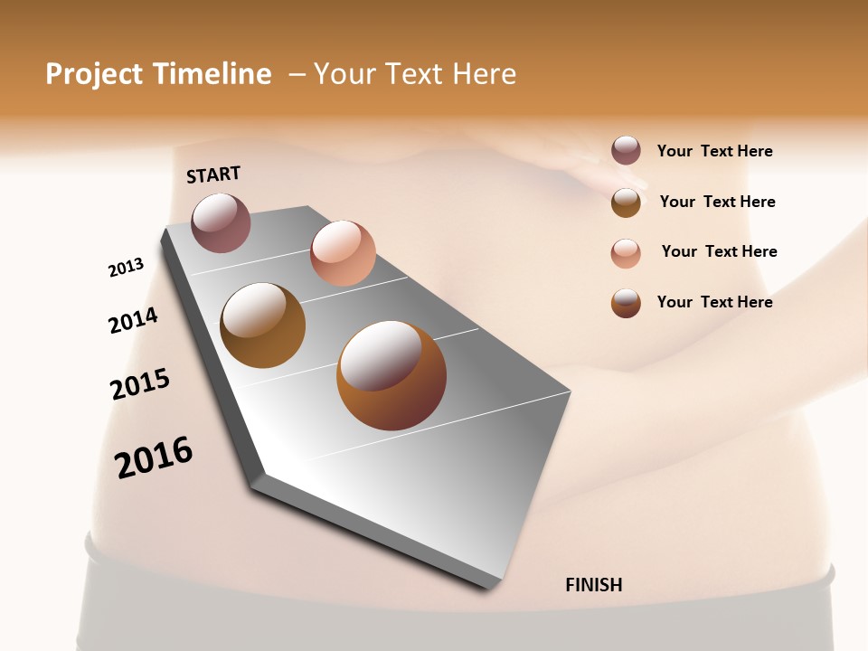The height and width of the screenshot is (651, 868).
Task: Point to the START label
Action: (x=213, y=175)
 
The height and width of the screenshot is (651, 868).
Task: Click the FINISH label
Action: (x=593, y=585)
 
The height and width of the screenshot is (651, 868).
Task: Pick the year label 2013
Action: (x=126, y=268)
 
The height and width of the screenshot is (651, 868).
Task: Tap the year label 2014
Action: (x=133, y=320)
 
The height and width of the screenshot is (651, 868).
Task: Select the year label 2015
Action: (x=140, y=384)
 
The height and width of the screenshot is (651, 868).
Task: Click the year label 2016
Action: (x=154, y=458)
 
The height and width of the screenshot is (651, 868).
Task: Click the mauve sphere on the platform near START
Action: (x=222, y=222)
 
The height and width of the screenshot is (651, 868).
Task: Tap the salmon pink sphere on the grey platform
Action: (x=343, y=252)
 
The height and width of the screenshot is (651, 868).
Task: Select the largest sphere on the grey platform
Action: (x=392, y=375)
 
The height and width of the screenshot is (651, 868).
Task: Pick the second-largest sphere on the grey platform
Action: (x=263, y=325)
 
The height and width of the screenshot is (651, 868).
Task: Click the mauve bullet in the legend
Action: (x=626, y=150)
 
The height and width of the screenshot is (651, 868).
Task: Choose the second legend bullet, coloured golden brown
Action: (x=626, y=202)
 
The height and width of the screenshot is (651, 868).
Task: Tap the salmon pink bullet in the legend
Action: (x=626, y=252)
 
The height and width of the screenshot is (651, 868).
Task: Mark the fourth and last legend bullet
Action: (x=626, y=303)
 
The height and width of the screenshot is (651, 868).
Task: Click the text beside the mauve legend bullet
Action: (x=714, y=151)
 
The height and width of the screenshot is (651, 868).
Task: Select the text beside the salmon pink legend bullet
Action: (x=719, y=251)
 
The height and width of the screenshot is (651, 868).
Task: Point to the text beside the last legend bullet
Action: (x=714, y=302)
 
